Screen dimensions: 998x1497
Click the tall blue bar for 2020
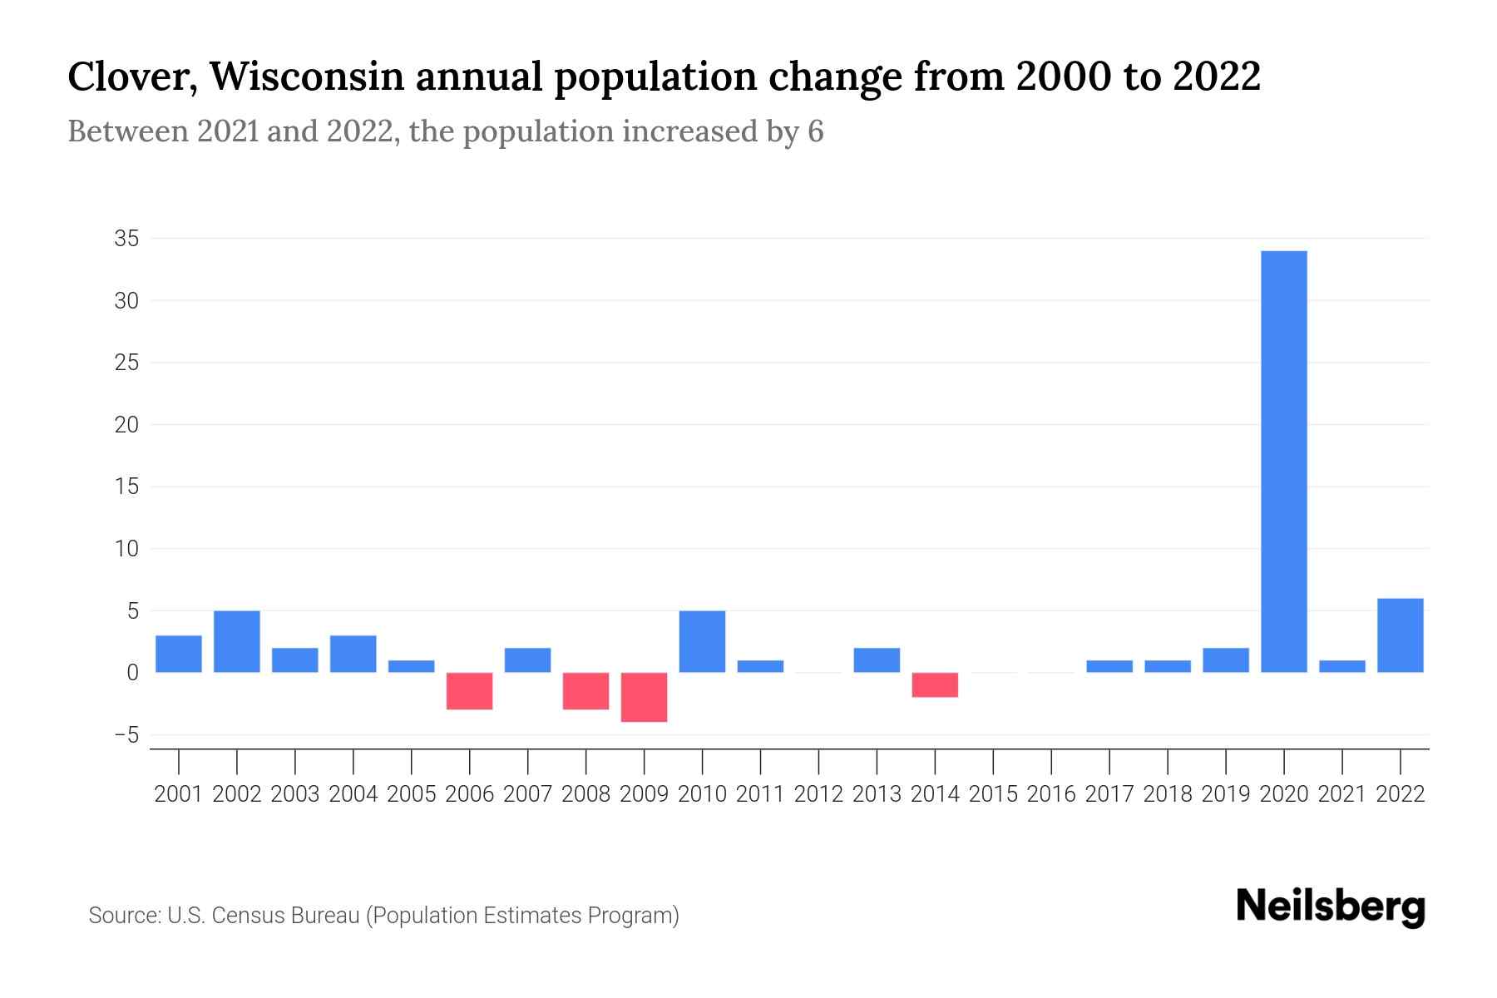(1284, 462)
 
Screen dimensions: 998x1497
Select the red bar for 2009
(645, 697)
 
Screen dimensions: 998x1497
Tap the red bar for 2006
(470, 691)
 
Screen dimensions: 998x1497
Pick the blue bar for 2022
(1401, 635)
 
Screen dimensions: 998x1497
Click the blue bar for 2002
(237, 641)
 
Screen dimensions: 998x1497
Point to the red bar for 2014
(935, 684)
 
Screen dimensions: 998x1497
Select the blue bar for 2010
(703, 641)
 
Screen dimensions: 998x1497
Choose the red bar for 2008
(586, 691)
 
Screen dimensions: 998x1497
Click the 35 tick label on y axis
(126, 239)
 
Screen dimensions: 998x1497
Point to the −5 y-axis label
(126, 735)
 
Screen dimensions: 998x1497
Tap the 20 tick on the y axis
(126, 425)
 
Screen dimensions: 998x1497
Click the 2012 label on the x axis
(818, 794)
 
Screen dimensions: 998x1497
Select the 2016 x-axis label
(1051, 794)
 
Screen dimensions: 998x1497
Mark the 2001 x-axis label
(179, 794)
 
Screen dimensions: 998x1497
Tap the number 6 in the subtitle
(815, 131)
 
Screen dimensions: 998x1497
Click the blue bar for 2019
(1226, 660)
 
